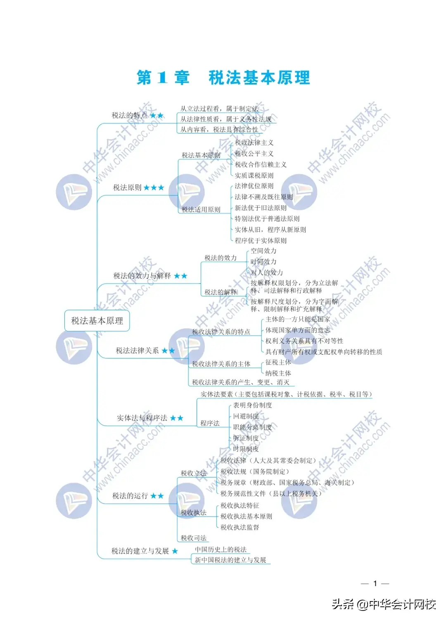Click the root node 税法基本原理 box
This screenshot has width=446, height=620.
tap(97, 321)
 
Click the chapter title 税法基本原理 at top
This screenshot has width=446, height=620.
tap(259, 78)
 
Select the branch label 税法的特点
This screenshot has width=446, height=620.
tap(129, 116)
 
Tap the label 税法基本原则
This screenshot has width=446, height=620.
tap(201, 155)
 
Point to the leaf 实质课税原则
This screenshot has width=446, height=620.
tap(254, 175)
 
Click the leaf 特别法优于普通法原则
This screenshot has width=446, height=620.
tap(267, 219)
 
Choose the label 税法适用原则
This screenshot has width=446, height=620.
tap(201, 210)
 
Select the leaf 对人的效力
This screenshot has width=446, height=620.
tap(266, 272)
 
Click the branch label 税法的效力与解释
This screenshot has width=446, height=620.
tap(142, 276)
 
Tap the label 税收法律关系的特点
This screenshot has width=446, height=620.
tap(221, 332)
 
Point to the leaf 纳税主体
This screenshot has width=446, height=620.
tap(278, 373)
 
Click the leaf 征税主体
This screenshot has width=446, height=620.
tap(278, 362)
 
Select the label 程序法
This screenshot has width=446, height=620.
tap(210, 423)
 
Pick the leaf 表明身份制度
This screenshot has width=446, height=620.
tap(252, 405)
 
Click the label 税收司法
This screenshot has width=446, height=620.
tap(193, 538)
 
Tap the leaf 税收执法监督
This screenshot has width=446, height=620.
tap(240, 528)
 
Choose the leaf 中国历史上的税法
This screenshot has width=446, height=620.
tap(221, 550)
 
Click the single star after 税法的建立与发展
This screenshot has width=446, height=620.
tap(175, 551)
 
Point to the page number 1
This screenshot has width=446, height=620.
tap(375, 584)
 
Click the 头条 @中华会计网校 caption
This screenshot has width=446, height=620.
tap(384, 605)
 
